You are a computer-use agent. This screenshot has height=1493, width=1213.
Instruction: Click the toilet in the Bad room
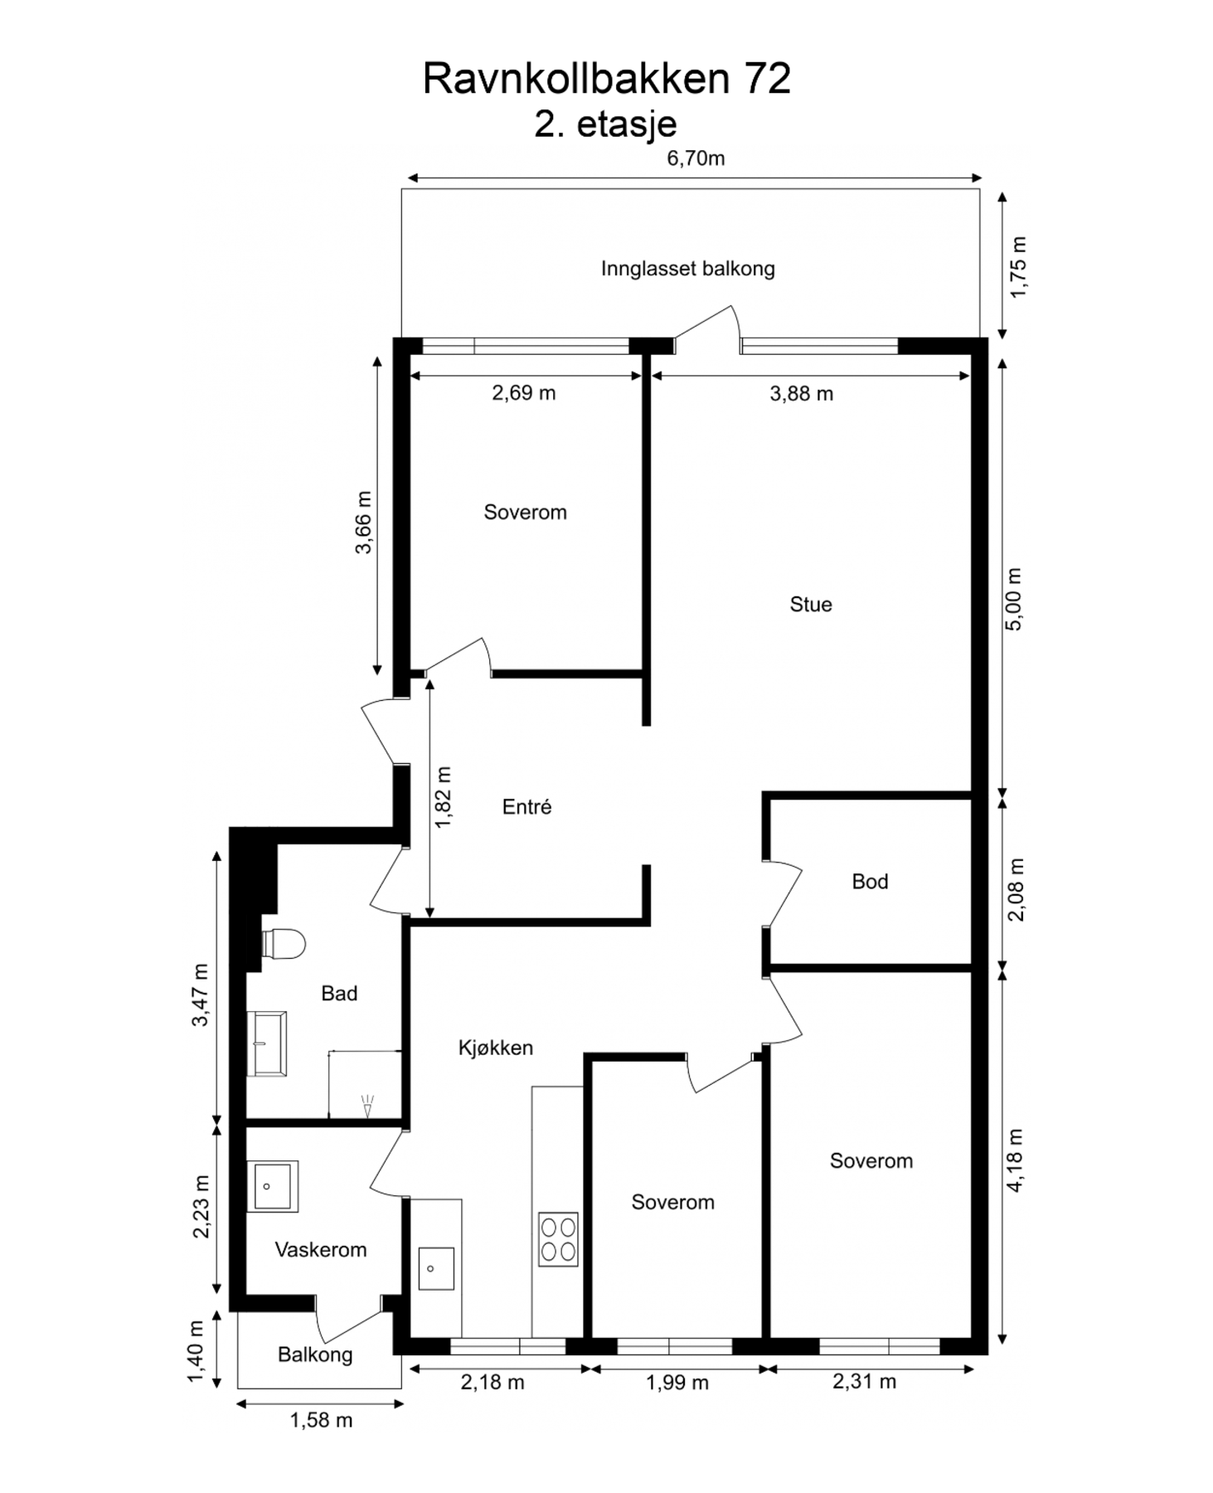283,944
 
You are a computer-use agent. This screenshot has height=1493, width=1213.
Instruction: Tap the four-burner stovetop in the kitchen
558,1239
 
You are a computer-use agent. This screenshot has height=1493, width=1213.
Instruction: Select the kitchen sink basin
436,1268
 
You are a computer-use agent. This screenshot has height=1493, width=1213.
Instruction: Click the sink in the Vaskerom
272,1187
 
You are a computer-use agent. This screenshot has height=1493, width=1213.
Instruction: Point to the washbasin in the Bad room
267,1043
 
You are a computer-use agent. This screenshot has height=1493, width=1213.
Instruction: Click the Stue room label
810,605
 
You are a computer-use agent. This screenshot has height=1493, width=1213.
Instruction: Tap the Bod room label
870,881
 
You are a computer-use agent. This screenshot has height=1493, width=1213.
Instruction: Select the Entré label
526,806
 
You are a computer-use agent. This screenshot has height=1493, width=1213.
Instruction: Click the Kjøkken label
495,1048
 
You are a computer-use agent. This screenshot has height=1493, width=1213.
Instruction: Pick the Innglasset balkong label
687,269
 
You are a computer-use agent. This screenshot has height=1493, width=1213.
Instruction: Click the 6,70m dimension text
696,158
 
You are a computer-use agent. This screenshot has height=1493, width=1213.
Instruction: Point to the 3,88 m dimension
801,394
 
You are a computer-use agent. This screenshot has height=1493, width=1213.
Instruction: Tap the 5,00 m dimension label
1015,599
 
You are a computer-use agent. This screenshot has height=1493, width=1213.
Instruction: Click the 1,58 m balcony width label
321,1421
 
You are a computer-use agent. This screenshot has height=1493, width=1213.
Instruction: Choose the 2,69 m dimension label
523,393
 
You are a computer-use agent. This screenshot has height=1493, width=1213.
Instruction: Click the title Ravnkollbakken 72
606,79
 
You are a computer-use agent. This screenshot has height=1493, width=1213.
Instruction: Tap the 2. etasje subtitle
605,124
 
